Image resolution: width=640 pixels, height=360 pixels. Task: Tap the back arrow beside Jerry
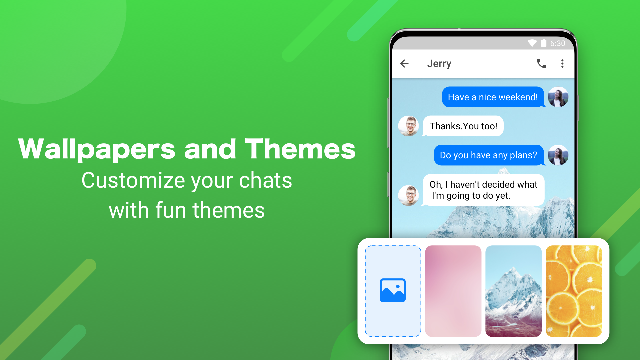tap(404, 64)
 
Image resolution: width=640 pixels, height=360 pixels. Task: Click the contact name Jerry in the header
tap(439, 64)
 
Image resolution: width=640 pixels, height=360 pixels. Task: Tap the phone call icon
tap(541, 64)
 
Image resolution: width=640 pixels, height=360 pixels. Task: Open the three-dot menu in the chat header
tap(562, 64)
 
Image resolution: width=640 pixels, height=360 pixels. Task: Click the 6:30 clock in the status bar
tap(557, 43)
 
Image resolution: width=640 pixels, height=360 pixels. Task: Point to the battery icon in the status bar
tap(544, 43)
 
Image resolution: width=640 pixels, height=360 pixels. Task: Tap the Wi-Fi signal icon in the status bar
tap(532, 43)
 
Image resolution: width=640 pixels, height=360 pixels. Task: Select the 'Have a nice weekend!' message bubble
tap(493, 97)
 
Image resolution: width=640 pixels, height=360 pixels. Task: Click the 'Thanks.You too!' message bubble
tap(463, 126)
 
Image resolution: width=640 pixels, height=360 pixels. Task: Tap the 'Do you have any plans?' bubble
tap(488, 155)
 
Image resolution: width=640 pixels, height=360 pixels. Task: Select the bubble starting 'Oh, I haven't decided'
tap(483, 190)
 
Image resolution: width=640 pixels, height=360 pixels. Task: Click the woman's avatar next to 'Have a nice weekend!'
tap(558, 97)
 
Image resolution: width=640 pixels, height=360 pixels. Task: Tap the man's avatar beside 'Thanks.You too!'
tap(409, 126)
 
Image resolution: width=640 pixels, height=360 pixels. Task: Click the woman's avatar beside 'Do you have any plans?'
tap(558, 155)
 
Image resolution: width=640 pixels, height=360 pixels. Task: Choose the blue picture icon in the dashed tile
tap(393, 290)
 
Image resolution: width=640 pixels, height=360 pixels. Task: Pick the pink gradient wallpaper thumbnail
tap(453, 291)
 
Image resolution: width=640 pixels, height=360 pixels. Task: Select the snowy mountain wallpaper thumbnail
tap(513, 291)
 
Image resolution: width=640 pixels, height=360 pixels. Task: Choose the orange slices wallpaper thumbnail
tap(574, 291)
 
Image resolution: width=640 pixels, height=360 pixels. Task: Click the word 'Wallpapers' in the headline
tap(97, 149)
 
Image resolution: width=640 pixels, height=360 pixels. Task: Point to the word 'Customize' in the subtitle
tap(134, 181)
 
